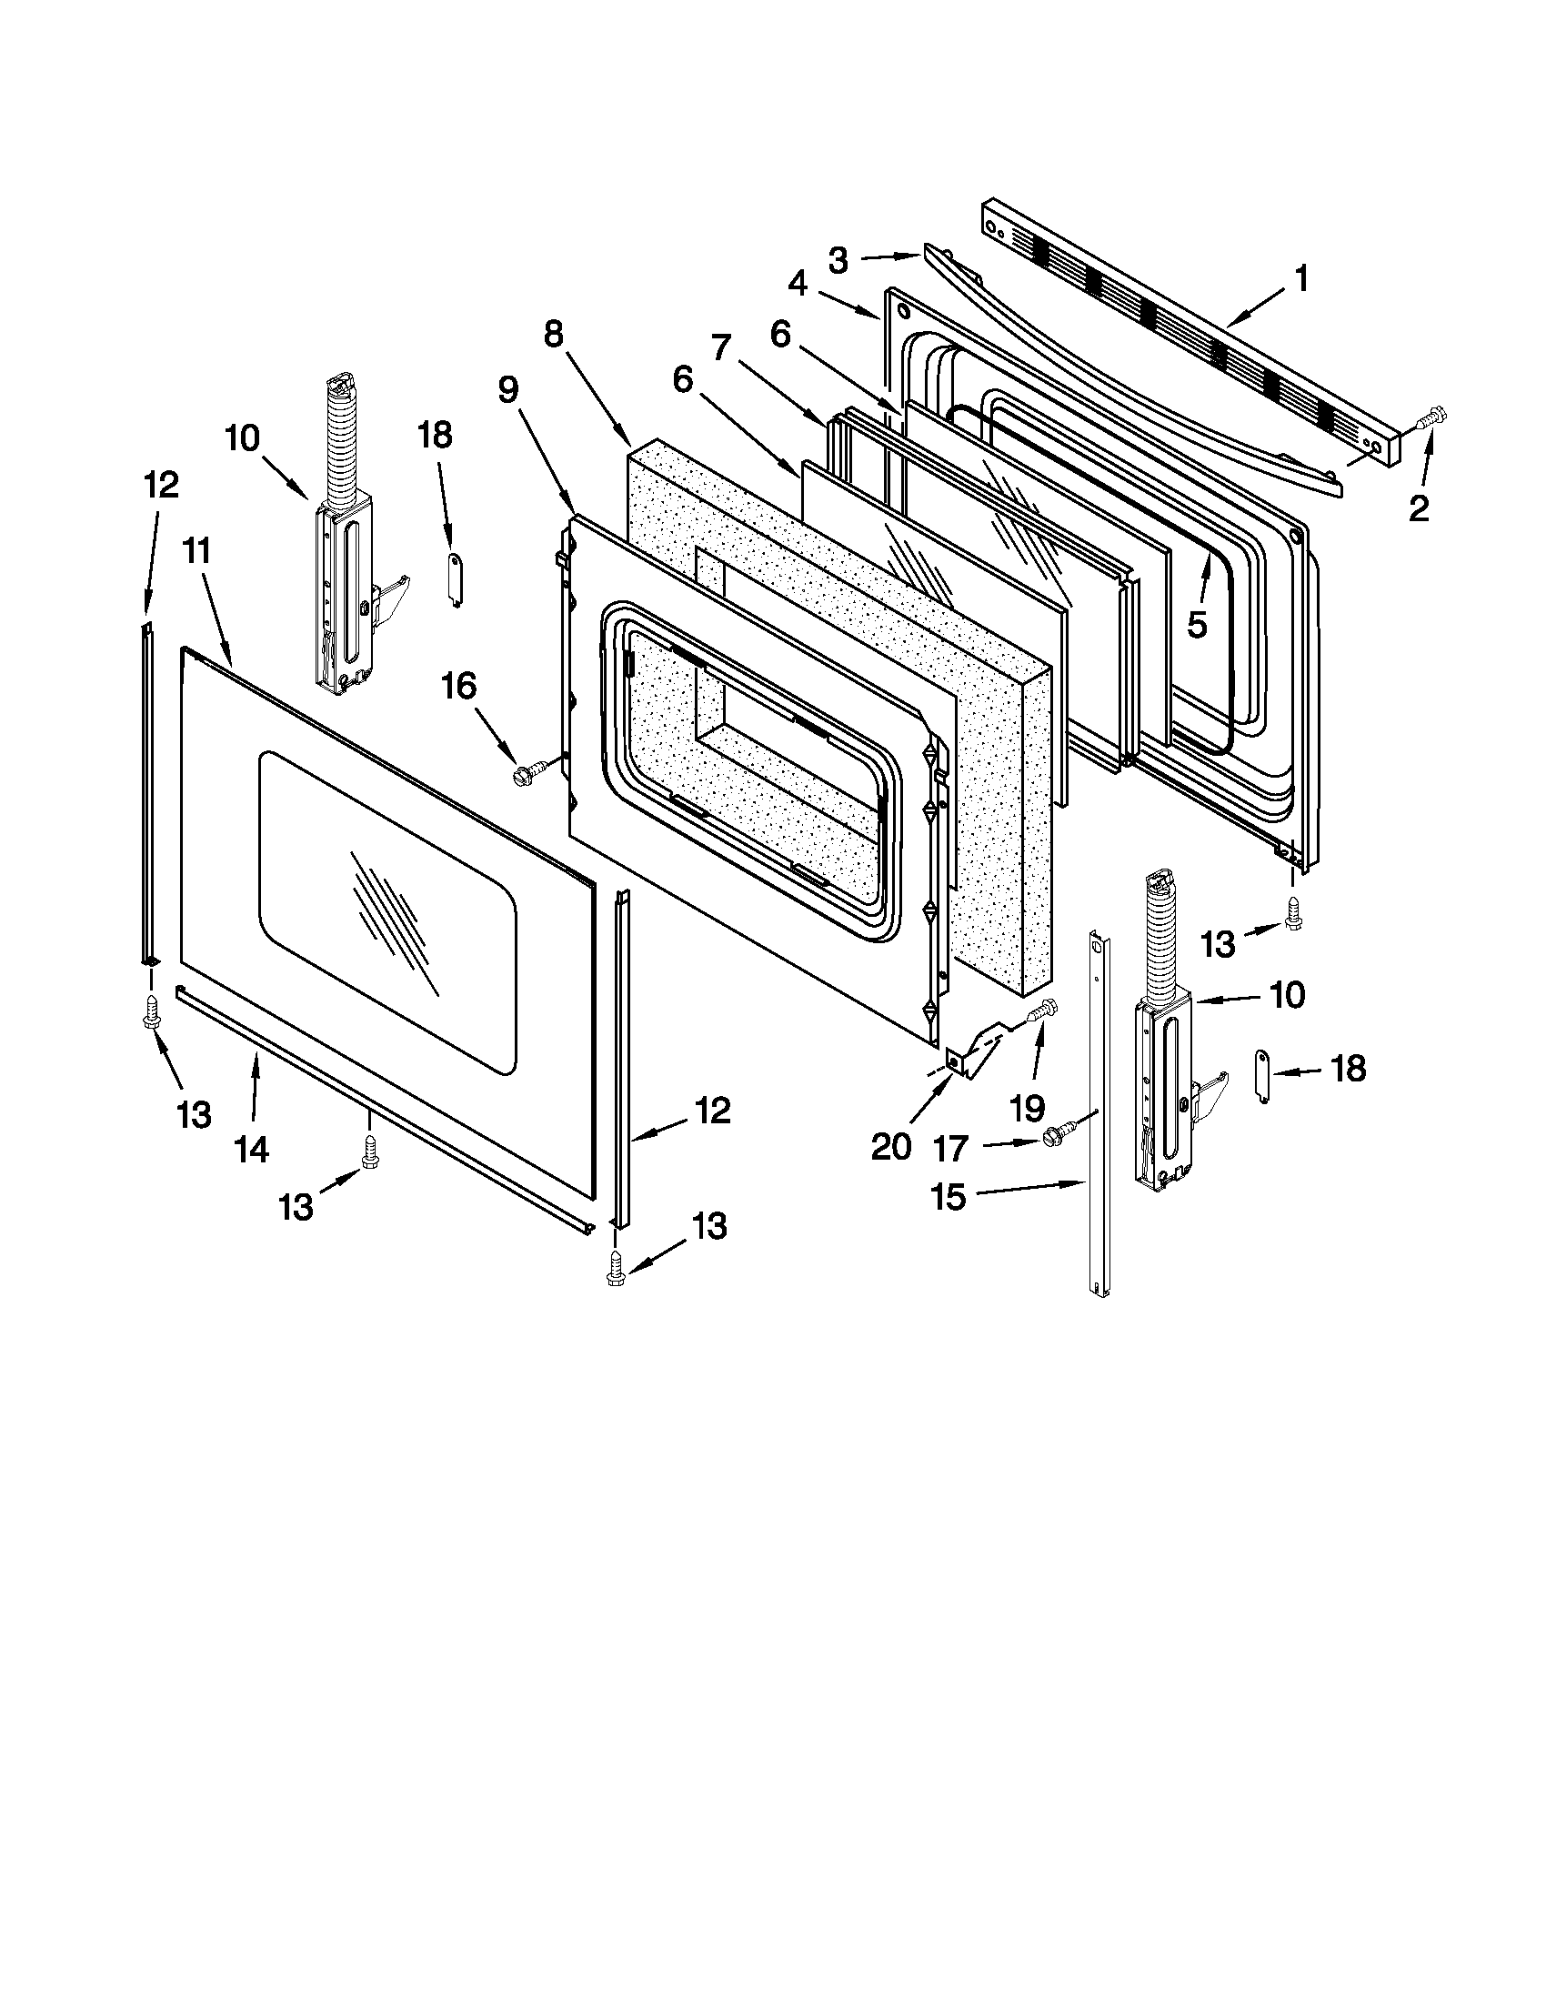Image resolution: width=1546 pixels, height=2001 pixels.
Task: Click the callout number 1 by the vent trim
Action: pyautogui.click(x=1301, y=277)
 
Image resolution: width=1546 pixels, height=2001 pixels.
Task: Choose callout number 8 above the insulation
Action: pyautogui.click(x=553, y=335)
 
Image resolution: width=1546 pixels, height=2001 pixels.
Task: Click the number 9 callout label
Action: pyautogui.click(x=507, y=389)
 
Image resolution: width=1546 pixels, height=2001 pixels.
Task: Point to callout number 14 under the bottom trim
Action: pyautogui.click(x=251, y=1148)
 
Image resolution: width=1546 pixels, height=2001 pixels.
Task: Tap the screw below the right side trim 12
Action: pyautogui.click(x=616, y=1271)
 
